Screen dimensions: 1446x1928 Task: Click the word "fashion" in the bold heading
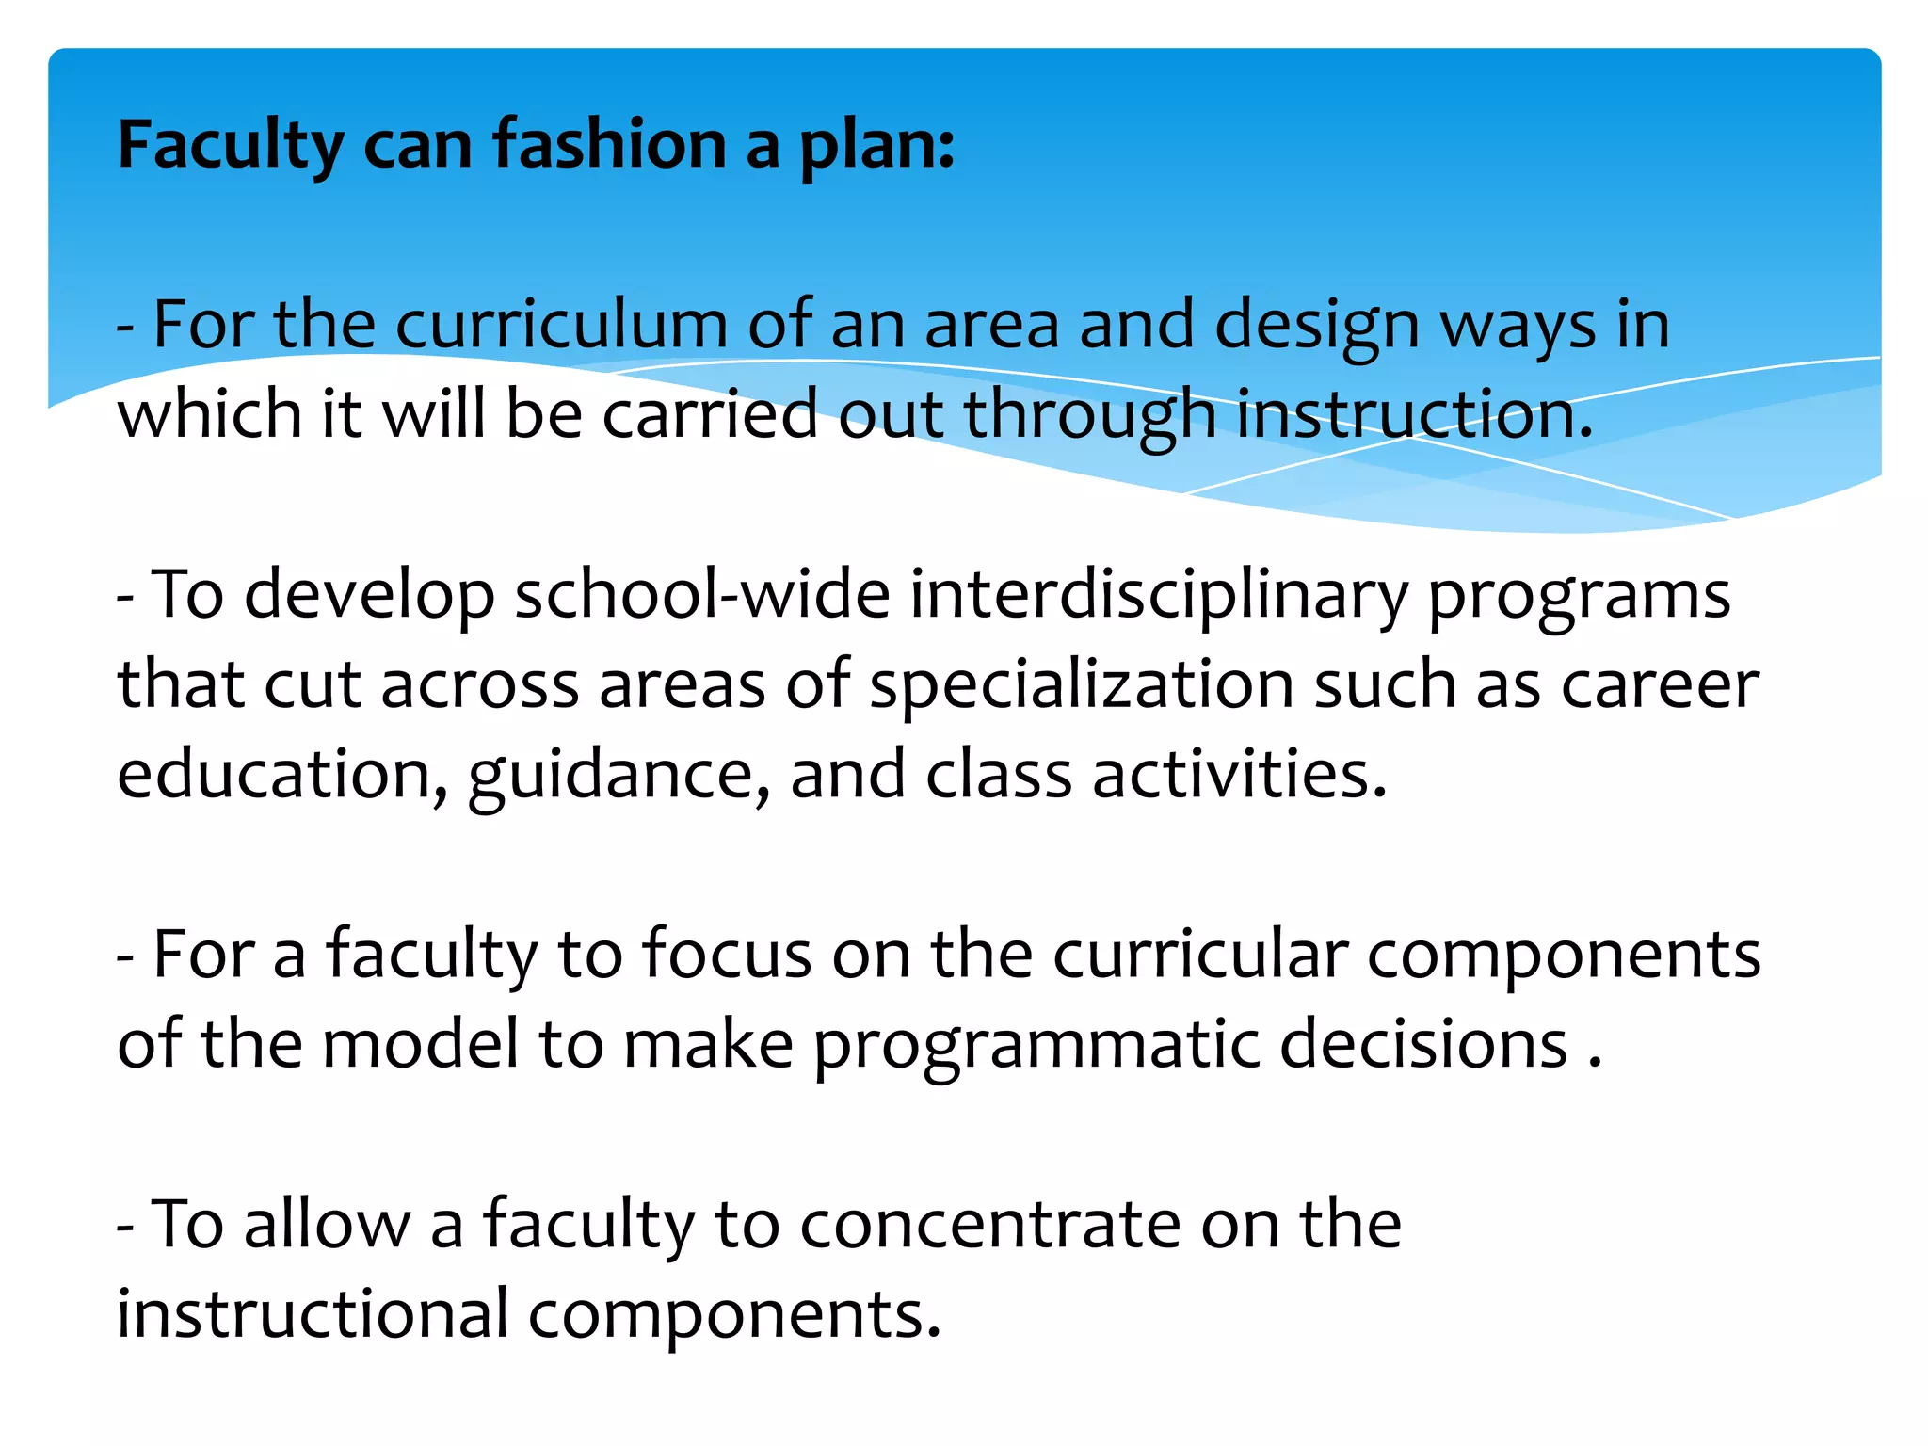coord(610,145)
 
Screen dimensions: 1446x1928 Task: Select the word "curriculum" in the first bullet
coord(561,325)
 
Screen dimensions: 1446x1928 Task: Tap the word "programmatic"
coord(1036,1045)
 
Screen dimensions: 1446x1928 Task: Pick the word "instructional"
coord(313,1314)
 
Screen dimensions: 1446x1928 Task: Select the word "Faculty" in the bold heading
coord(231,147)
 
